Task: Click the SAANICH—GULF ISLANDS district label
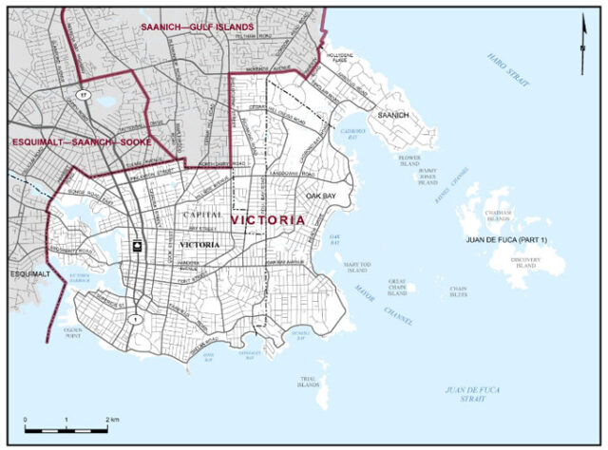[x=197, y=28]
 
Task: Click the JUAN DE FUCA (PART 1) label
[x=506, y=241]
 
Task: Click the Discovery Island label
[x=523, y=263]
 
